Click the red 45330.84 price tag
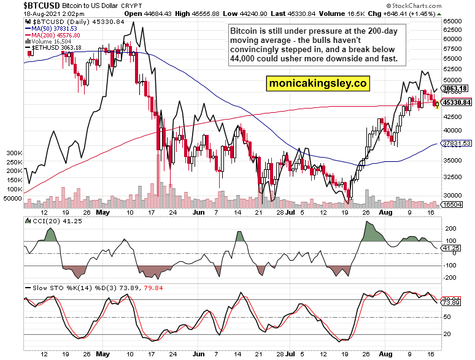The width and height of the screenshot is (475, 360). [457, 102]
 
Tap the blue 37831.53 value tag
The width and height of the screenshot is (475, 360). [457, 143]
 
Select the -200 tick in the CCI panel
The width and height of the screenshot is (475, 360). [450, 278]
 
